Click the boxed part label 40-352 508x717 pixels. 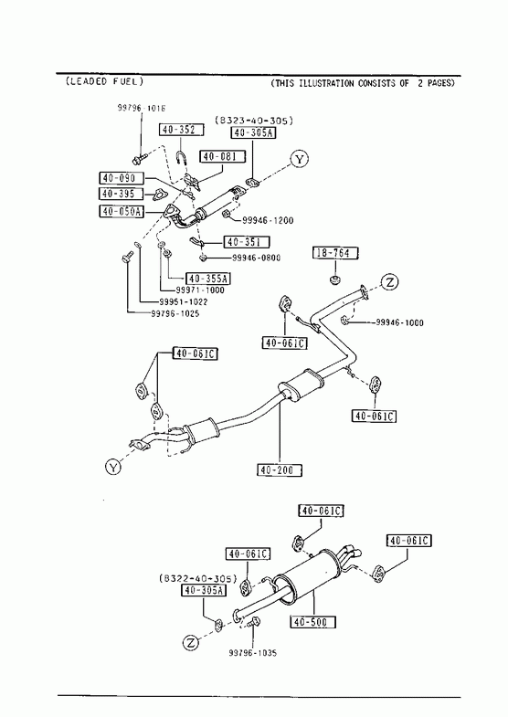pyautogui.click(x=182, y=130)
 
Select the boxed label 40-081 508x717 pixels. pyautogui.click(x=222, y=156)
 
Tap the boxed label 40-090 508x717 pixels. pyautogui.click(x=122, y=178)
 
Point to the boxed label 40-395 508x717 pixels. pyautogui.click(x=122, y=194)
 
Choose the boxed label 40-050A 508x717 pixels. pyautogui.click(x=122, y=211)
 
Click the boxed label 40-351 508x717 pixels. pyautogui.click(x=247, y=241)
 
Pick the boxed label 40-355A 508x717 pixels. pyautogui.click(x=208, y=278)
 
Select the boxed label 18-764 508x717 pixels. pyautogui.click(x=335, y=253)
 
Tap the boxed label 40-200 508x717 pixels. pyautogui.click(x=280, y=469)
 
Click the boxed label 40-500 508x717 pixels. pyautogui.click(x=312, y=622)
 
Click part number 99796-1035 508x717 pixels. pyautogui.click(x=253, y=653)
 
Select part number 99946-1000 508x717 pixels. pyautogui.click(x=399, y=322)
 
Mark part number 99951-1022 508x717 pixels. pyautogui.click(x=183, y=301)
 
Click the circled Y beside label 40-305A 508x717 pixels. pyautogui.click(x=299, y=159)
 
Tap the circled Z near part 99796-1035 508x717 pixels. pyautogui.click(x=191, y=643)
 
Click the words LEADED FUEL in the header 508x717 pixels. pyautogui.click(x=105, y=81)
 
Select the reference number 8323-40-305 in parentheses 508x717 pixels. pyautogui.click(x=254, y=121)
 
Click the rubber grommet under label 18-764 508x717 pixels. pyautogui.click(x=335, y=279)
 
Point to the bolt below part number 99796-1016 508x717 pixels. pyautogui.click(x=138, y=160)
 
